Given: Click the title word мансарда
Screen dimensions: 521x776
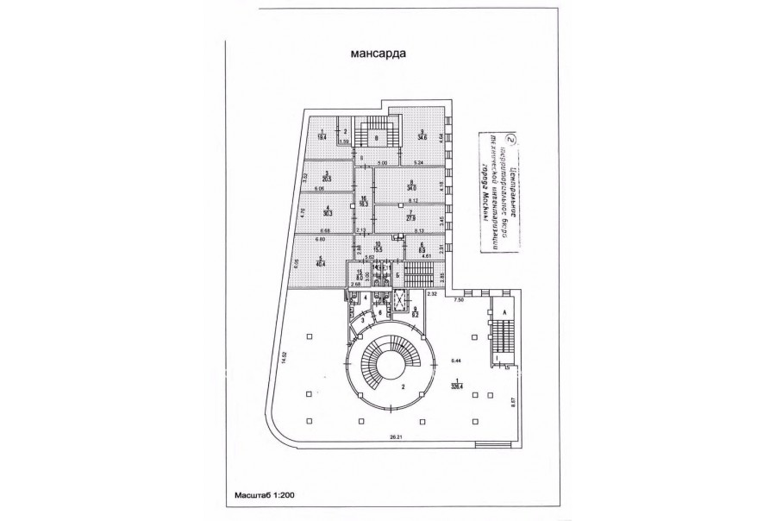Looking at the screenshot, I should [x=379, y=53].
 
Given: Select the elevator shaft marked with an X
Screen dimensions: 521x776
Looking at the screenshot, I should [x=399, y=304].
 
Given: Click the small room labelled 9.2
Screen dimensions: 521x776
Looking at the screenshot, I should [x=415, y=311].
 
